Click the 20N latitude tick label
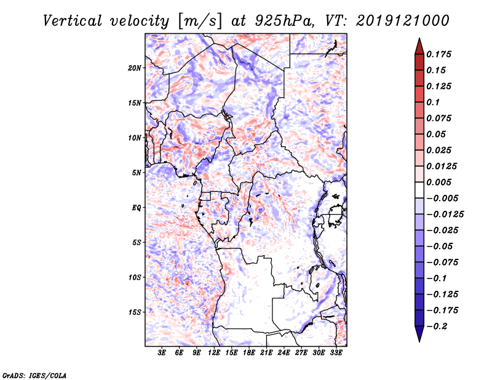135,68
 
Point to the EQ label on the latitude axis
136,208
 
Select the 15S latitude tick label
135,312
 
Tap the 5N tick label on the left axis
137,173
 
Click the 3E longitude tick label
162,354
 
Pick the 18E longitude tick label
249,354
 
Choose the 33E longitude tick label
336,354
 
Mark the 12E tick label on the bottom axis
215,354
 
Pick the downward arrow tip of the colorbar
419,339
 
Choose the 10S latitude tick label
135,277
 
